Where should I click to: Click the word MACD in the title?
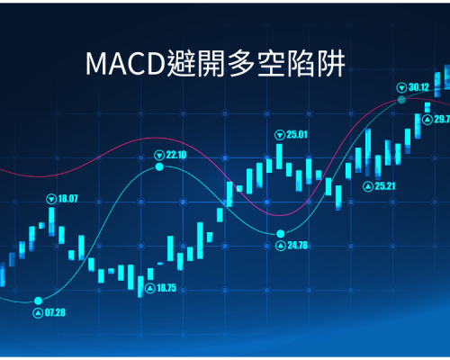tap(125, 64)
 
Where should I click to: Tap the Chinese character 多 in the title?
tap(241, 63)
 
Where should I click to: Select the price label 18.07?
tap(67, 199)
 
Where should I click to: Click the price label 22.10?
tap(176, 155)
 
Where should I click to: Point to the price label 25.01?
tap(297, 135)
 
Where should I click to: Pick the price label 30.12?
tap(418, 87)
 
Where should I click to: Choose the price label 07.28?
tap(55, 313)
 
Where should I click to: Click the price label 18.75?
tap(166, 288)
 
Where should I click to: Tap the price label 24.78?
tap(298, 246)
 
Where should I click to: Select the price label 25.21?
tap(385, 186)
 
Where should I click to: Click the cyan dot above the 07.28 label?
tap(38, 301)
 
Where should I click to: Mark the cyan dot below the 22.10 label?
tap(159, 166)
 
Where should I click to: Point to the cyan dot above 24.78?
tap(281, 233)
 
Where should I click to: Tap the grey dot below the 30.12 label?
tap(401, 100)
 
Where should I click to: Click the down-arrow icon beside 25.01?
tap(280, 135)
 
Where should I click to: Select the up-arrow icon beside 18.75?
tap(149, 289)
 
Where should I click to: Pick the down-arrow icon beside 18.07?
tap(51, 199)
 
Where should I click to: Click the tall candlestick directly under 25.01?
tap(279, 157)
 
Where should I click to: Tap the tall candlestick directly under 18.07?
tap(51, 221)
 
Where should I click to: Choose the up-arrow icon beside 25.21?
tap(368, 187)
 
